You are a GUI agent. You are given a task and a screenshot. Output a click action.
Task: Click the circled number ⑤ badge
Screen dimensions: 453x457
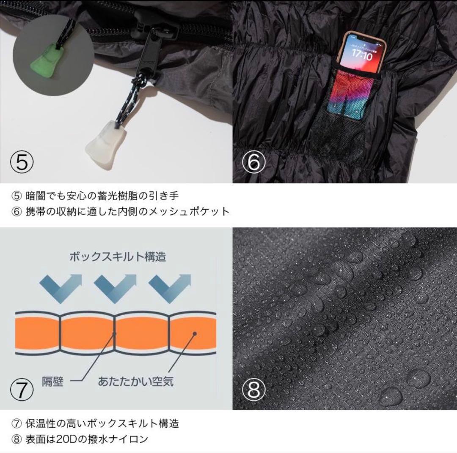point(21,162)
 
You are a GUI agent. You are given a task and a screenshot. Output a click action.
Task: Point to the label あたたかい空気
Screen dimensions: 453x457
point(135,381)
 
